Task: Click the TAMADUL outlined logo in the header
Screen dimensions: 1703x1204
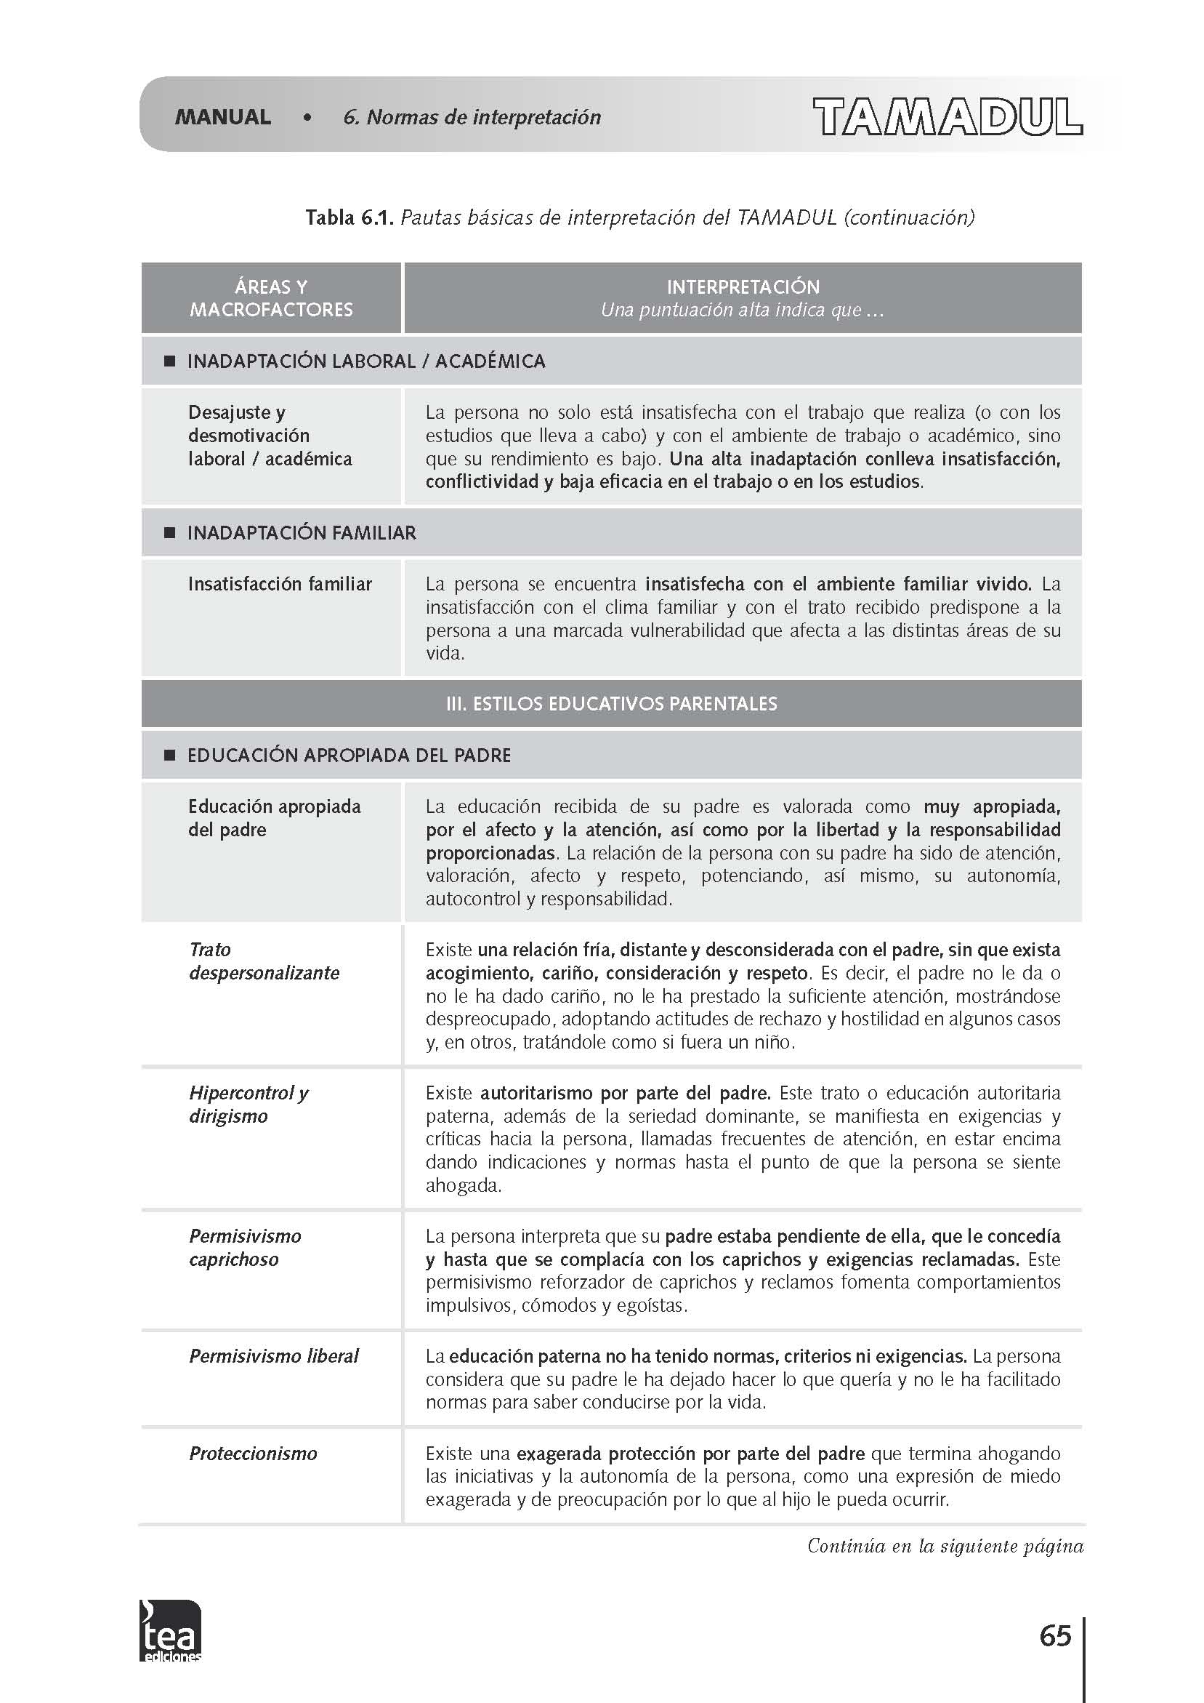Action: click(x=948, y=116)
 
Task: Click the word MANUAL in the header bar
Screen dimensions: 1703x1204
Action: click(x=222, y=117)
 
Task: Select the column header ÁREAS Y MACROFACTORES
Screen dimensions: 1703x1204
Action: click(x=271, y=298)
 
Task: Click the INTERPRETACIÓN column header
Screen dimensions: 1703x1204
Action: click(x=743, y=287)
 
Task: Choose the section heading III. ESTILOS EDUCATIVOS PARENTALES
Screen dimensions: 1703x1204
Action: click(x=611, y=704)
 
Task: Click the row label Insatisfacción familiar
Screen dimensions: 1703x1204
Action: click(x=280, y=585)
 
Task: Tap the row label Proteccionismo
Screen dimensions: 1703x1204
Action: click(x=253, y=1453)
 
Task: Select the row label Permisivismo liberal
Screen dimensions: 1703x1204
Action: click(x=273, y=1356)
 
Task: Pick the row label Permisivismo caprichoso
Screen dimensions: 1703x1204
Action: click(x=245, y=1248)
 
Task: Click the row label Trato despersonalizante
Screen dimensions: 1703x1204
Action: click(x=264, y=961)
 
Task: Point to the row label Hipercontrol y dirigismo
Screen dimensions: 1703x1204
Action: click(x=249, y=1105)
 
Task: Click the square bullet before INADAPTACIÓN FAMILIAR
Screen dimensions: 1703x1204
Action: click(x=169, y=532)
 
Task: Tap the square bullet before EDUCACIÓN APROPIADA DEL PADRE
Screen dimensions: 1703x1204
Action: click(x=169, y=755)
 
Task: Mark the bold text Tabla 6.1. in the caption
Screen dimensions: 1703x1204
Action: click(x=350, y=218)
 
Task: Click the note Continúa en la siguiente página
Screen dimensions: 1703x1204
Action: click(x=945, y=1546)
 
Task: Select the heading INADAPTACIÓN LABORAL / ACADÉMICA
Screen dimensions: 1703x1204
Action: click(x=365, y=361)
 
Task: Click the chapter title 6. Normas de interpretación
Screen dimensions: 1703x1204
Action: click(x=472, y=117)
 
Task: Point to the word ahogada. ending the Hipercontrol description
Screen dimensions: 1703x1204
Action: click(x=464, y=1185)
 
